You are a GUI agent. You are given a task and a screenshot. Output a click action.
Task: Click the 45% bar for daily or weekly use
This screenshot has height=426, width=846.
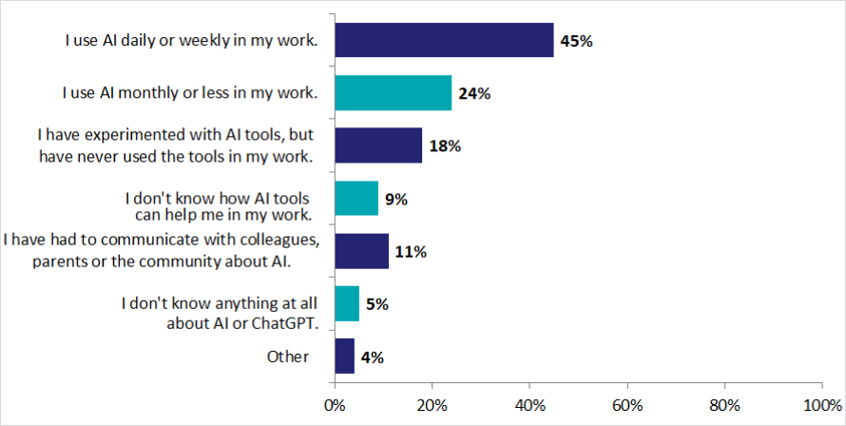pyautogui.click(x=444, y=40)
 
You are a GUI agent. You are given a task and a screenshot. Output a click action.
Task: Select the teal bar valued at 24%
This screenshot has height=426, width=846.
pyautogui.click(x=394, y=93)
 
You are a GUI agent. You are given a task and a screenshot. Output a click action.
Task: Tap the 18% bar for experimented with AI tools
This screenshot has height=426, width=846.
pyautogui.click(x=378, y=145)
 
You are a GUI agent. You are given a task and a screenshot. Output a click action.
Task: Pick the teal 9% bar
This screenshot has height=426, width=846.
pyautogui.click(x=356, y=198)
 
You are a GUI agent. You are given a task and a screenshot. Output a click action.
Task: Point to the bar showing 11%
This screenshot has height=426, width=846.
pyautogui.click(x=361, y=251)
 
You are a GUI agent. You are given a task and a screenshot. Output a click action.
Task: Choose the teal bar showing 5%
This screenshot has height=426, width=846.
pyautogui.click(x=347, y=303)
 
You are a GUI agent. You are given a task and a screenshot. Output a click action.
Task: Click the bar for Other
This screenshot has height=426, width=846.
pyautogui.click(x=345, y=357)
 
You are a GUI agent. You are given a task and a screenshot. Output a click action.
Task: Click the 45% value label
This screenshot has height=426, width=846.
pyautogui.click(x=576, y=41)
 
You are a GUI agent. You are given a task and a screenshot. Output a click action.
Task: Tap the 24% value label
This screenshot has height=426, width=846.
pyautogui.click(x=474, y=94)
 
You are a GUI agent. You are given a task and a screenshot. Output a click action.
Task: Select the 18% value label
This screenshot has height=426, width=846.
pyautogui.click(x=445, y=146)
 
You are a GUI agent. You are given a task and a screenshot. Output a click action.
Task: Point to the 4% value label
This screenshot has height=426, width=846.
pyautogui.click(x=373, y=358)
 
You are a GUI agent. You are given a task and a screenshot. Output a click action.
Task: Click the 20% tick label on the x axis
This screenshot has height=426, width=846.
pyautogui.click(x=433, y=405)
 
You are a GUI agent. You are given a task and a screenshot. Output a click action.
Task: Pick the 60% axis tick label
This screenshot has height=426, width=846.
pyautogui.click(x=627, y=405)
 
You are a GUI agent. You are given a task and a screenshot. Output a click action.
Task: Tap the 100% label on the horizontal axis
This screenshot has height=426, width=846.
pyautogui.click(x=822, y=405)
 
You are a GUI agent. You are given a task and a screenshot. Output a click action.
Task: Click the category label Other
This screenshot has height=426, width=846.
pyautogui.click(x=288, y=357)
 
